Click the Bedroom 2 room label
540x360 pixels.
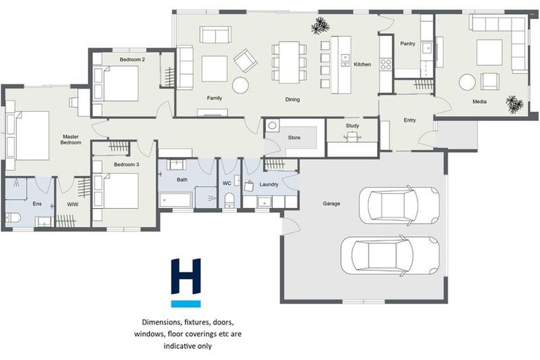pos(132,60)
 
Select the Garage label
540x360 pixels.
pos(331,204)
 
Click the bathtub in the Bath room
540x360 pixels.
pos(176,200)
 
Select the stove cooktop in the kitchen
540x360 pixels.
pos(385,65)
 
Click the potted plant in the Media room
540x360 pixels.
pos(515,103)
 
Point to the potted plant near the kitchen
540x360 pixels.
pos(321,26)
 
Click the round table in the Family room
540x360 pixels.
pos(240,86)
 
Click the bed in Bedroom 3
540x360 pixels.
pos(120,191)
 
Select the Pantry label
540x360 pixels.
pos(407,44)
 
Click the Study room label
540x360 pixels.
pos(352,126)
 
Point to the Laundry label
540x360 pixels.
pos(269,185)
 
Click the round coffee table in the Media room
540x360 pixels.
pos(468,82)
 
